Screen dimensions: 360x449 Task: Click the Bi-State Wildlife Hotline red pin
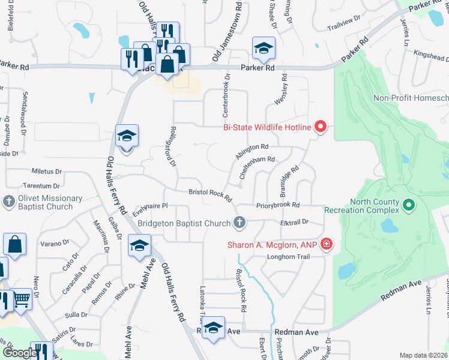[x=320, y=127]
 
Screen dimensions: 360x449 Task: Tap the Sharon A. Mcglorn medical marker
[x=326, y=244]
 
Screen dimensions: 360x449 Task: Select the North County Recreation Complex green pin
[x=409, y=205]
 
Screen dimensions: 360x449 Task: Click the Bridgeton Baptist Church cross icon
[x=240, y=223]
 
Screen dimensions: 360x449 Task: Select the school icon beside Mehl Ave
[x=139, y=246]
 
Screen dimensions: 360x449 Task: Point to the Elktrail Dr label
[x=294, y=222]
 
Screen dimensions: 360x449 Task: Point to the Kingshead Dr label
[x=432, y=58]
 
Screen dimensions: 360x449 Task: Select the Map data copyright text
[x=424, y=355]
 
